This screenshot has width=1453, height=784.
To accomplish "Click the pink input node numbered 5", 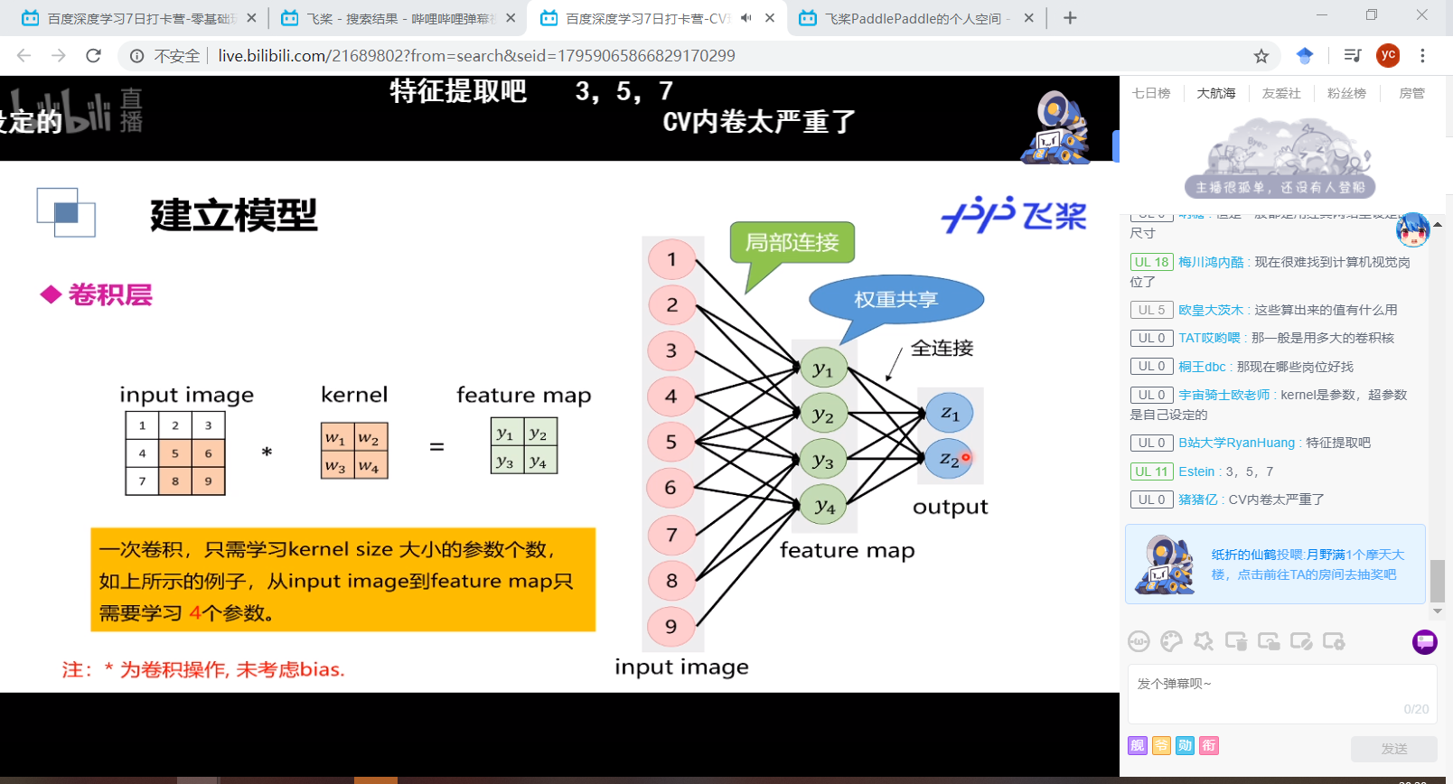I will coord(671,443).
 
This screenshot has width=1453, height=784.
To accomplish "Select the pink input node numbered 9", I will coord(671,627).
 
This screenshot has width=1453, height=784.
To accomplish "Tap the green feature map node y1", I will coord(822,369).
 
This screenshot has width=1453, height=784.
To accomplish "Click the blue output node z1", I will coord(949,413).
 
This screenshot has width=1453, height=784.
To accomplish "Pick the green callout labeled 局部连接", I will coord(792,242).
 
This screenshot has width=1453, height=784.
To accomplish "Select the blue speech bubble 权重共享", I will coord(895,300).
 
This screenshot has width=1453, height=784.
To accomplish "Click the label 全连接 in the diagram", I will coord(942,349).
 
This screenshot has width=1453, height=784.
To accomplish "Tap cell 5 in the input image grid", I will coord(175,453).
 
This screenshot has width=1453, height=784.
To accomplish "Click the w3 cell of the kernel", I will coord(336,466).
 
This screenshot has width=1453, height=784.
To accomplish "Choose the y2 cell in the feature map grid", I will coord(539,434).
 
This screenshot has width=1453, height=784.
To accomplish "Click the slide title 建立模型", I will coord(234,216).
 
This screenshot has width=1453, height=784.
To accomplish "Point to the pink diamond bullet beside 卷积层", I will coord(51,294).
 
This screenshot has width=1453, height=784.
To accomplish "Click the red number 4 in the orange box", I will coord(195,613).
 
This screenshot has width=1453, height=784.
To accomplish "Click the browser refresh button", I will coord(93,56).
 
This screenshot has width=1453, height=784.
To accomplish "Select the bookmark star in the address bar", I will coord(1261,56).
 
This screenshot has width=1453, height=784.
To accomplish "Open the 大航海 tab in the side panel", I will coord(1215,93).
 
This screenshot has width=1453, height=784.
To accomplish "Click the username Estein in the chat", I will coord(1196,471).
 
